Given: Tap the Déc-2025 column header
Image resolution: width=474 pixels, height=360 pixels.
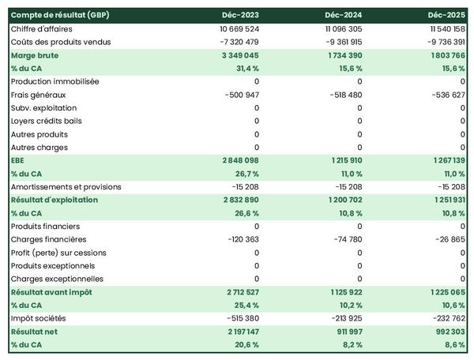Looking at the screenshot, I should click(446, 15).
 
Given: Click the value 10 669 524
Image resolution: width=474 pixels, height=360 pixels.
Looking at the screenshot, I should click(231, 28).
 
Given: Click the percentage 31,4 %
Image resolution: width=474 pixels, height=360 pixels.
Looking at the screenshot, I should click(244, 68).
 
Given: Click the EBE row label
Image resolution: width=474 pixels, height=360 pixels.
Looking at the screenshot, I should click(18, 160).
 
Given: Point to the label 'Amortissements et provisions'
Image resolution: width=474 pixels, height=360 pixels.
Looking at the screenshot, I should click(66, 186).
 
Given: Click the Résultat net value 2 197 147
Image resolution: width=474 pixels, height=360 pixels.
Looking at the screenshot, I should click(234, 332).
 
